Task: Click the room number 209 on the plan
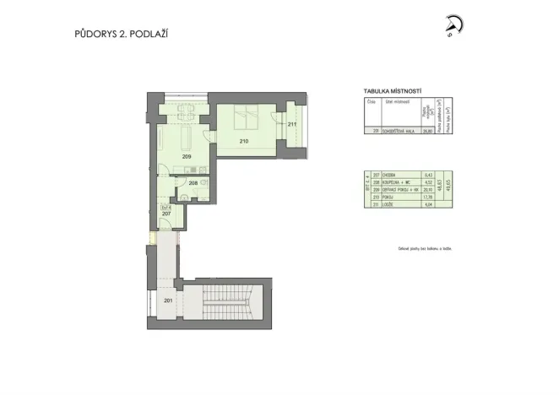(187, 156)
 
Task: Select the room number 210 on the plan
(244, 141)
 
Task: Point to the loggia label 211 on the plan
(291, 125)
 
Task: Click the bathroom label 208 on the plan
(193, 182)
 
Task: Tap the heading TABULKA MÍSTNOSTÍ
(392, 90)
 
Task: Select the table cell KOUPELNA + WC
(398, 181)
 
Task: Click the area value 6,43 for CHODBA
(428, 175)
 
